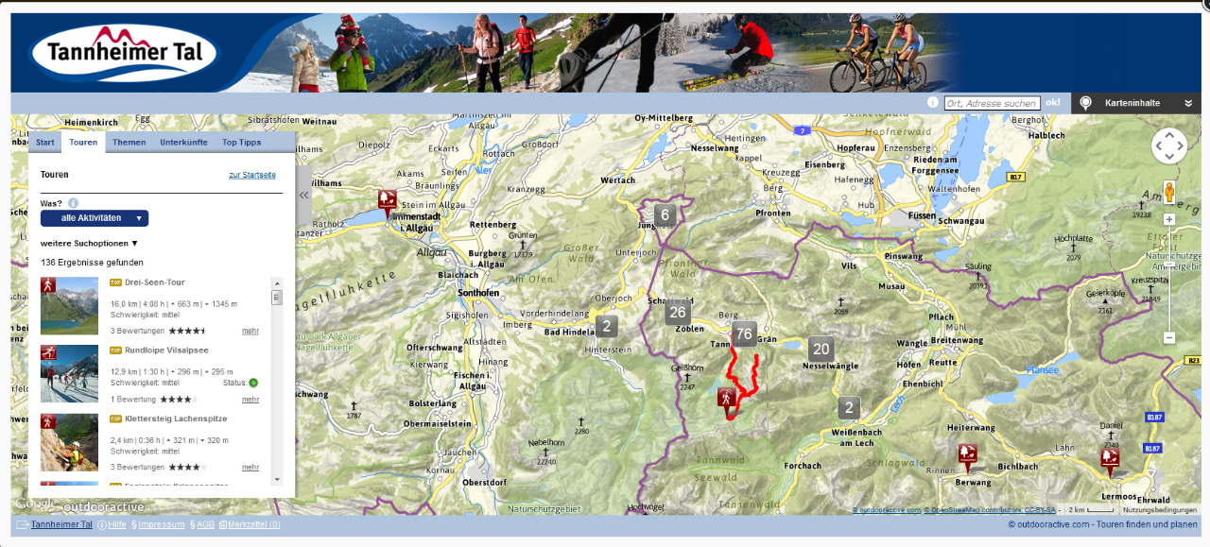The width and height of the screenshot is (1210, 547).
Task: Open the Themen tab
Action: click(x=129, y=143)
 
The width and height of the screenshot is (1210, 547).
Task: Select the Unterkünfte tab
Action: click(x=183, y=143)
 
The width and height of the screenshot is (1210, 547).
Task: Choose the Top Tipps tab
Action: click(x=241, y=143)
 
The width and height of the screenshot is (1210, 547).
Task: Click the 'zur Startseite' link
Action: click(x=251, y=175)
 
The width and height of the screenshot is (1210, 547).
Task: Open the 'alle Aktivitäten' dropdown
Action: click(x=95, y=218)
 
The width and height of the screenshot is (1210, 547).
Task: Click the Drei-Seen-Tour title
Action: click(x=154, y=282)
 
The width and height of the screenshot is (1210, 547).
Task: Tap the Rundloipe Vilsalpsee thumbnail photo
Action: click(x=69, y=373)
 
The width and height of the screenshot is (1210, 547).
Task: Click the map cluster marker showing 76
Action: click(x=744, y=334)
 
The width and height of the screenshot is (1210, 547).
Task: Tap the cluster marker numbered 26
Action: click(x=677, y=313)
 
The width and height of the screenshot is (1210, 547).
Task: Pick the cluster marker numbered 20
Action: click(x=821, y=349)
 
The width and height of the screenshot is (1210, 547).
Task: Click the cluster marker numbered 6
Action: click(x=665, y=215)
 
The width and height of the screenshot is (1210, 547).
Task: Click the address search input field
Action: click(x=992, y=103)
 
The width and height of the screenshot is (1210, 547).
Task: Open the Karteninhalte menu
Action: click(x=1139, y=103)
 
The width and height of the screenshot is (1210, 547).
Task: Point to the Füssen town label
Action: click(x=920, y=216)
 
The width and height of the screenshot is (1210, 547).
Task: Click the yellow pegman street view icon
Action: click(x=1169, y=193)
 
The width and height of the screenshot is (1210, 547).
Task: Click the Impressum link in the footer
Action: click(x=161, y=524)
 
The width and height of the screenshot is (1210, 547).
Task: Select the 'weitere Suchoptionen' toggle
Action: click(x=89, y=243)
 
